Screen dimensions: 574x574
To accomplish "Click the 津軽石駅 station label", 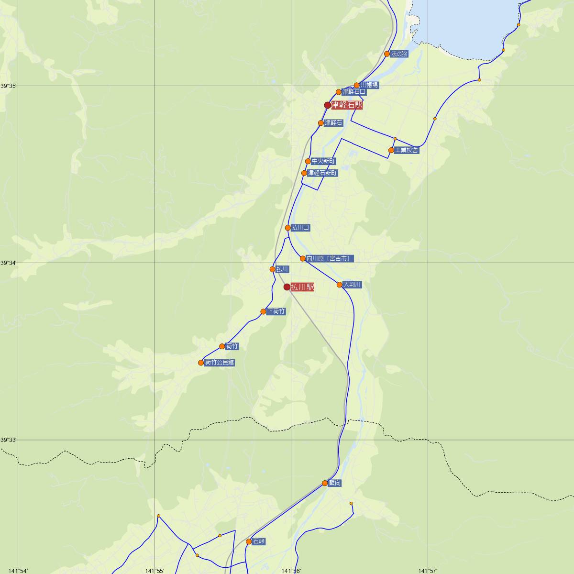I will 347,105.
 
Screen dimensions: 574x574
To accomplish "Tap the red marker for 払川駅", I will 287,287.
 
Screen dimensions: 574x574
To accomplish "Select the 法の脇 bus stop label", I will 399,54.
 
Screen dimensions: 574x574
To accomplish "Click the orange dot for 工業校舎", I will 391,150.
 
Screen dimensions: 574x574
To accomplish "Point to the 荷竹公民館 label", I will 220,363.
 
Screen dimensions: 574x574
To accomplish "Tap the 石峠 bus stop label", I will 259,541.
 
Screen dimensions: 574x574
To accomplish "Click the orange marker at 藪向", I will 325,483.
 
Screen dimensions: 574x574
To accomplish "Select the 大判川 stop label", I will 352,285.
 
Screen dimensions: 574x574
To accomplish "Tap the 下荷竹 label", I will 276,311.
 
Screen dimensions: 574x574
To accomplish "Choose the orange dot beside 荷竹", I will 222,346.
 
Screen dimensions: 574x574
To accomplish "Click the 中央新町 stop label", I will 323,161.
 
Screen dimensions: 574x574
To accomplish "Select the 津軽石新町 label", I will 322,173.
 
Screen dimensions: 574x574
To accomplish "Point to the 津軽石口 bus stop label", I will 354,91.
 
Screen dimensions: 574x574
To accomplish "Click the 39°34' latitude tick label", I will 9,263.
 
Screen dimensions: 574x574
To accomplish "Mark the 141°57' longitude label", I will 428,570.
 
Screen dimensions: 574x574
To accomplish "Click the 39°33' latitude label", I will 9,440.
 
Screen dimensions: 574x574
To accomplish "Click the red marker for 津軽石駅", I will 328,105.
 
